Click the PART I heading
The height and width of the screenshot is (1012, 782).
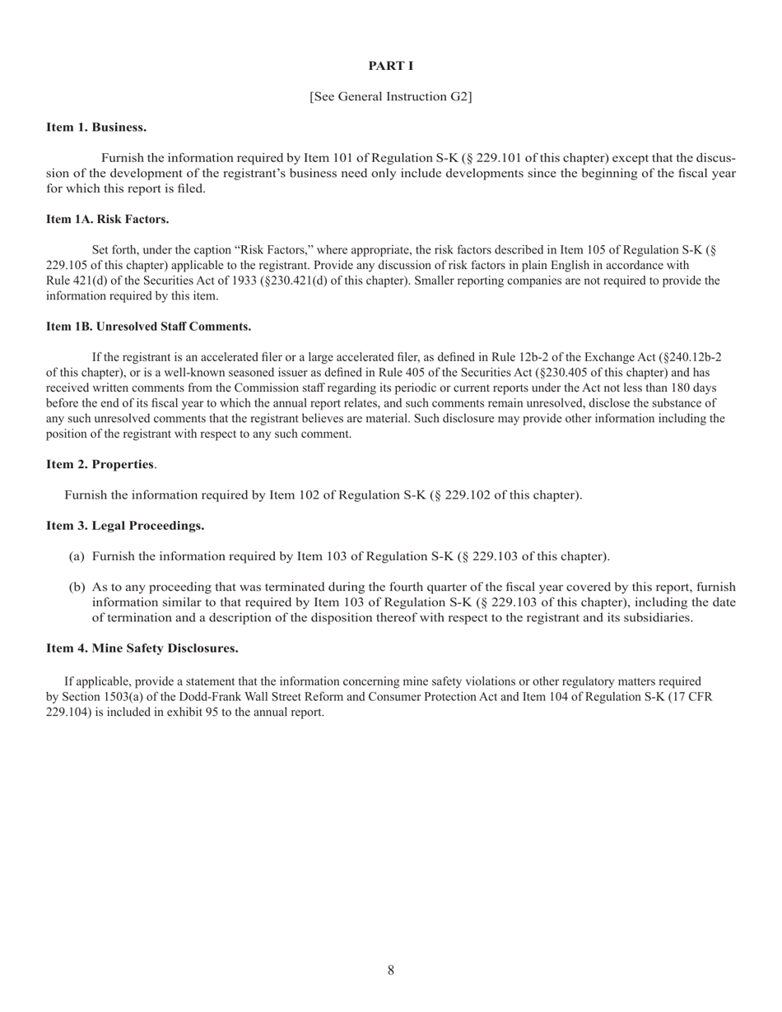coord(390,66)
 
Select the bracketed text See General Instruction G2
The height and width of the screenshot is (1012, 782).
coord(390,96)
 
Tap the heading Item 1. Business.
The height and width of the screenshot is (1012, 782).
coord(96,128)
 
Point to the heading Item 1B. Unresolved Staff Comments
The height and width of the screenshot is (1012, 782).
coord(148,327)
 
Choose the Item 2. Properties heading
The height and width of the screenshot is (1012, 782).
coord(100,464)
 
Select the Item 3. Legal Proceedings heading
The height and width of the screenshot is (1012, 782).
coord(125,526)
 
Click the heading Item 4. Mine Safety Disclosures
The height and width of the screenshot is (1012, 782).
coord(142,648)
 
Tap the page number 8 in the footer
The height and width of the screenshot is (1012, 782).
coord(390,971)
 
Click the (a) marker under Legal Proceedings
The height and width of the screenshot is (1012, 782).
coord(77,557)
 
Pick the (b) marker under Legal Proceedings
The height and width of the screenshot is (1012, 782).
coord(77,587)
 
